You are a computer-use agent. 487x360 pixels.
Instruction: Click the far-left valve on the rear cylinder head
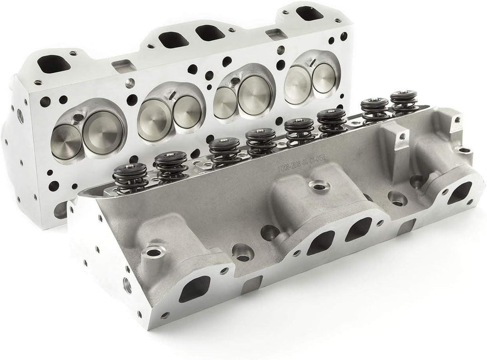(x=67, y=137)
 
